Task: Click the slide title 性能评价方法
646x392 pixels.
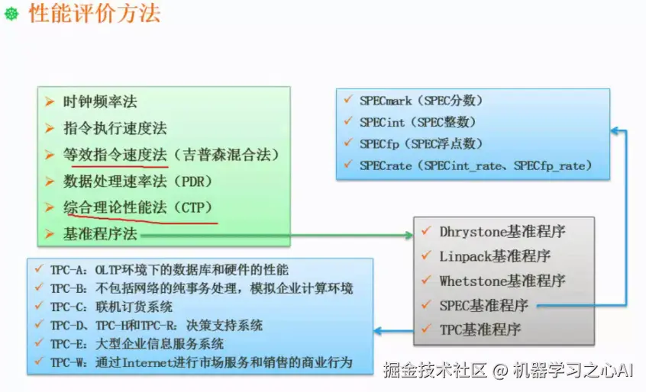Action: (95, 14)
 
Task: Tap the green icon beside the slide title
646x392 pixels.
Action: (11, 15)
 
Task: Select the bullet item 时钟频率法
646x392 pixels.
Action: (101, 101)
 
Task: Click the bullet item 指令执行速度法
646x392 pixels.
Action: (115, 128)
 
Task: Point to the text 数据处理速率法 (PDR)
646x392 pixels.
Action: (137, 182)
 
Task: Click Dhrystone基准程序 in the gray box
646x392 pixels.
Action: (502, 231)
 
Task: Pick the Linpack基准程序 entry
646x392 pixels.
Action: (495, 256)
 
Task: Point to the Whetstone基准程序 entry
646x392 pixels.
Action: (502, 281)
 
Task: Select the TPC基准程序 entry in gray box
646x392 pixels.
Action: (480, 329)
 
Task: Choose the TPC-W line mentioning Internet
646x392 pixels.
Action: (202, 362)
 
